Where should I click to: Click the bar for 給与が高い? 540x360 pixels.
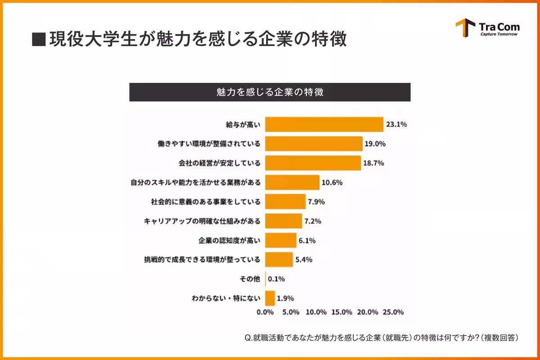324,124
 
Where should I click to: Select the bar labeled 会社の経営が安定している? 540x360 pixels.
313,163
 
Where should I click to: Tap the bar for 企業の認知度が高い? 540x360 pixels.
281,240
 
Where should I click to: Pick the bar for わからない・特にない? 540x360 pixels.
270,298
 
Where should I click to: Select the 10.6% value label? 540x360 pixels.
333,183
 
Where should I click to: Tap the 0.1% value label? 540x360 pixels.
276,279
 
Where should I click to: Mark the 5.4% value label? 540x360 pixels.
303,260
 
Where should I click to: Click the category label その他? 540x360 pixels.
251,279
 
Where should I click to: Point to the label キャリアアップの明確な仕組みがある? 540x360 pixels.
202,221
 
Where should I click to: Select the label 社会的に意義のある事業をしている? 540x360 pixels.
206,202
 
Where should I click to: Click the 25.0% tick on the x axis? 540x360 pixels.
393,312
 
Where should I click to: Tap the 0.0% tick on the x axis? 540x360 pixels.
265,312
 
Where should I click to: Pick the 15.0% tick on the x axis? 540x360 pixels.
342,312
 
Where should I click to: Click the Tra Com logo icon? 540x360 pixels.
465,28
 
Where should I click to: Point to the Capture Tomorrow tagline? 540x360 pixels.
499,34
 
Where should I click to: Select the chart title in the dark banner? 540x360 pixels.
270,92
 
